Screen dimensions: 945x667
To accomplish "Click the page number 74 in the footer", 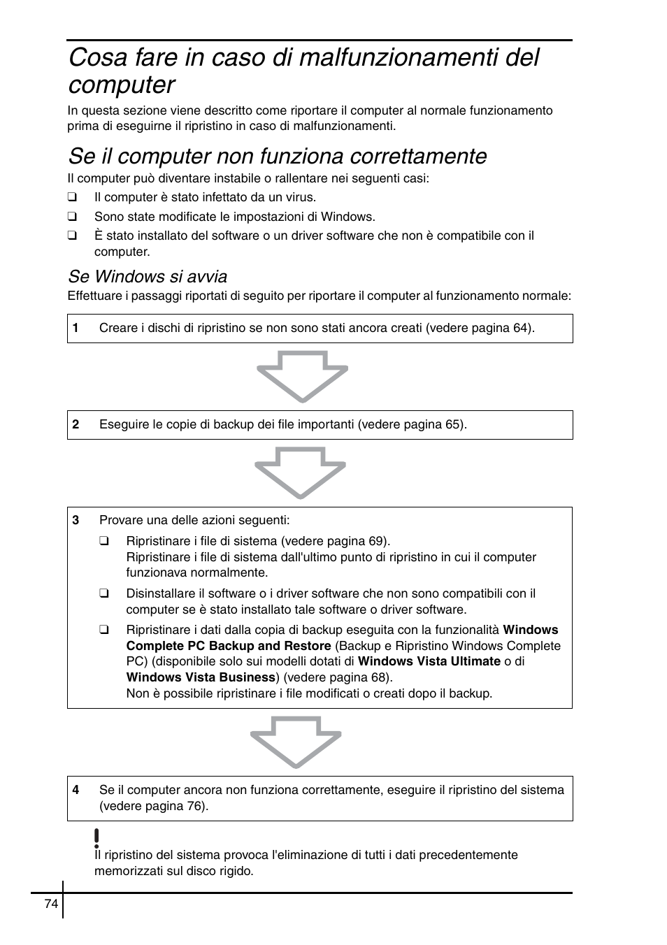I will (x=51, y=904).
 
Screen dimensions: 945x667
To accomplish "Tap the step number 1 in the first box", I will (x=76, y=329).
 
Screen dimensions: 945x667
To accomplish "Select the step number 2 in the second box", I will (x=76, y=425).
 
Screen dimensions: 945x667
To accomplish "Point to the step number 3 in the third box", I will (x=76, y=520).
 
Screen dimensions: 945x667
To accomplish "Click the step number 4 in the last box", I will (x=76, y=791).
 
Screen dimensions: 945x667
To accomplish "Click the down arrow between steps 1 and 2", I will (x=302, y=377).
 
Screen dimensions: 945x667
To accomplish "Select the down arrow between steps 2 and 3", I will (x=301, y=473).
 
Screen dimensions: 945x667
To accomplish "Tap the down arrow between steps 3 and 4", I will (x=296, y=742).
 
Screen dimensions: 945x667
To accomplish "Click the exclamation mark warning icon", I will (x=96, y=837).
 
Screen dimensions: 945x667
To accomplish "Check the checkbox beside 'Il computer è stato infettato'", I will (x=71, y=198).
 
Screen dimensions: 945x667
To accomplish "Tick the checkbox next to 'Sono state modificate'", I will (x=71, y=217).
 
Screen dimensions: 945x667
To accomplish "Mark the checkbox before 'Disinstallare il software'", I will (x=103, y=594).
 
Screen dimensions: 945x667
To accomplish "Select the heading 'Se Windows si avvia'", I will (x=148, y=277).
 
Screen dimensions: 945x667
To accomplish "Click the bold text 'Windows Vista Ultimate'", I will (x=429, y=661).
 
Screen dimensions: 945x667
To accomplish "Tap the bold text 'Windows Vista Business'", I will (x=201, y=677).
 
